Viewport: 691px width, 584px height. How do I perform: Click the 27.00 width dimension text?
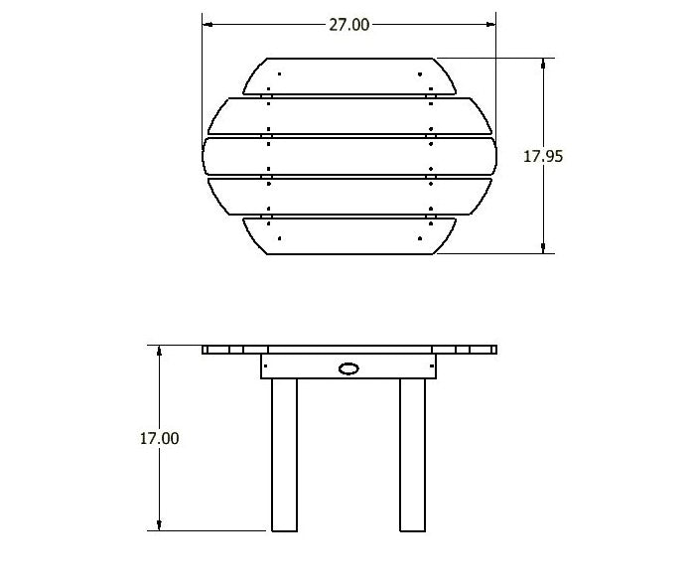pos(348,25)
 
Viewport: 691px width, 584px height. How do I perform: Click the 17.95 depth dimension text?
pos(543,155)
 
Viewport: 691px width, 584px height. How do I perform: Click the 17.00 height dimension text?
pos(159,437)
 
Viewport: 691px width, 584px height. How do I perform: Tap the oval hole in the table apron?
pos(348,369)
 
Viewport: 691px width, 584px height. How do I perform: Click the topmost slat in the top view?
pos(349,76)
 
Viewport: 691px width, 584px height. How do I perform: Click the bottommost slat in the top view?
pos(349,236)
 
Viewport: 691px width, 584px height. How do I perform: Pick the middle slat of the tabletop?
pos(349,156)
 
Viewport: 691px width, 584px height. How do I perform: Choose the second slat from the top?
pos(349,116)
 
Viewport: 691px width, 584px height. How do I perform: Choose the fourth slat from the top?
pos(349,197)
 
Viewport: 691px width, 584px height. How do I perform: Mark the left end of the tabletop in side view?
pos(206,350)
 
